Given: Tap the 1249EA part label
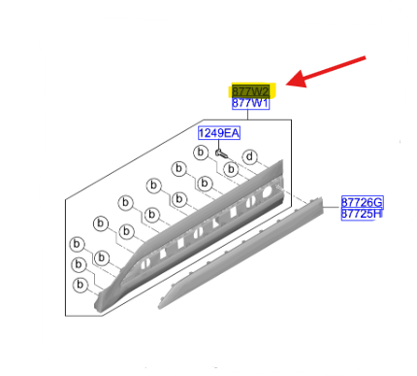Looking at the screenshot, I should tap(219, 133).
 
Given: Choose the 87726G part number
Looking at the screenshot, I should tap(362, 202).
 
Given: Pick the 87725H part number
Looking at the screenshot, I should tap(362, 214).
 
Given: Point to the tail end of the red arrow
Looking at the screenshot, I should tap(376, 59).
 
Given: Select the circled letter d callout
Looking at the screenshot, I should tap(248, 156).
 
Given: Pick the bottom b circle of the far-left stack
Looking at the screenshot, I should tap(78, 285).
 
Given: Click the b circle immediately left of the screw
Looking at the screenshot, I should tap(200, 153).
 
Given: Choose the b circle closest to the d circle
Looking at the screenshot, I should tap(231, 169).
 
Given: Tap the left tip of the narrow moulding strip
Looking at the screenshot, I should tap(160, 304).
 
